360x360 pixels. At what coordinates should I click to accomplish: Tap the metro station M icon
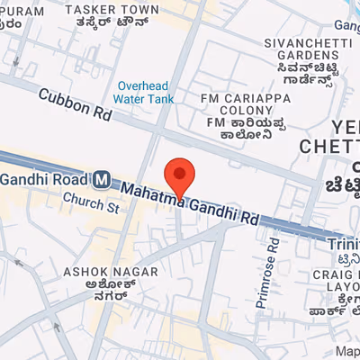(x=103, y=179)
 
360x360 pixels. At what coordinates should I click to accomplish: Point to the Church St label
(x=90, y=207)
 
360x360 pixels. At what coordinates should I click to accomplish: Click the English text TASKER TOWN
(x=113, y=9)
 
